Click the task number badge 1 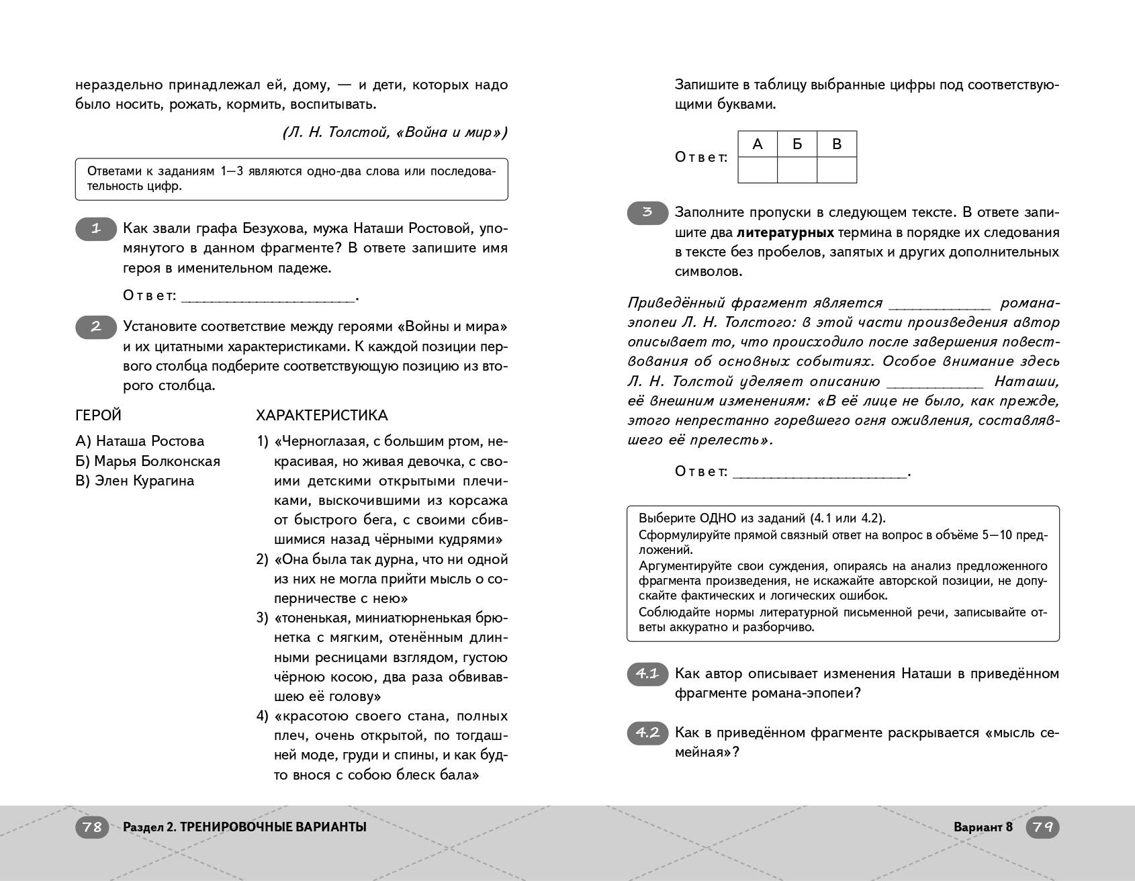click(95, 230)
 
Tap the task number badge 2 click(95, 327)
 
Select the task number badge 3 click(647, 213)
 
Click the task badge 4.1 click(647, 674)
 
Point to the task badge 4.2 click(647, 733)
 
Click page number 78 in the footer click(92, 827)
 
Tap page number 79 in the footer click(1042, 827)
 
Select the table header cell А click(758, 144)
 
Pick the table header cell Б click(797, 144)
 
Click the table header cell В click(837, 144)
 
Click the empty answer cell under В click(837, 170)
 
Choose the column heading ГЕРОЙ click(98, 416)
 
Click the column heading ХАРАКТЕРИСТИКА click(322, 416)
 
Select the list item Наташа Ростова click(140, 441)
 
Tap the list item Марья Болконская click(148, 461)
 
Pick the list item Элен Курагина click(135, 481)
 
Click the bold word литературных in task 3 click(785, 232)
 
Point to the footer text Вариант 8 click(983, 827)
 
